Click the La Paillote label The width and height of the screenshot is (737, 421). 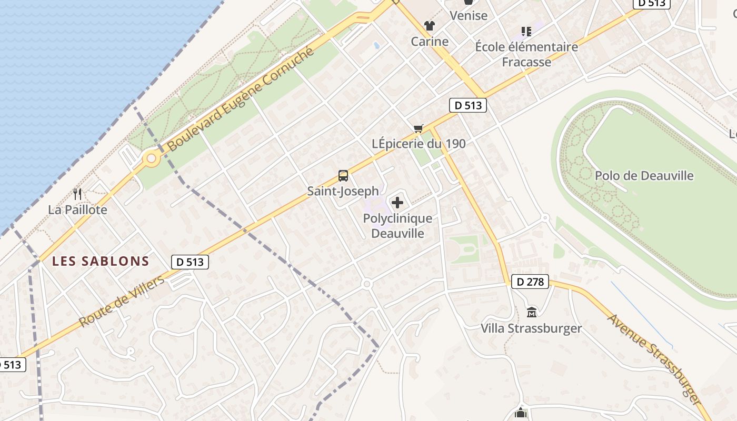tap(77, 209)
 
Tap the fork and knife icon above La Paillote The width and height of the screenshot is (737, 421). tap(77, 194)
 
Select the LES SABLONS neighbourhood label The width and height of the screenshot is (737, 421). tap(101, 261)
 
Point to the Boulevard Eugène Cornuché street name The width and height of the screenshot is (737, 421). tap(241, 99)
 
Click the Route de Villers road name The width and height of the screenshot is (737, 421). tap(122, 302)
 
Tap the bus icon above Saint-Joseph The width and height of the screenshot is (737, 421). tap(343, 175)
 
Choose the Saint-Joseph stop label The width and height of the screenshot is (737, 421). tap(343, 191)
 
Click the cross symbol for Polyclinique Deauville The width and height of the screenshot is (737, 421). tap(397, 202)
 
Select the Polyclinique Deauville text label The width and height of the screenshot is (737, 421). tap(397, 226)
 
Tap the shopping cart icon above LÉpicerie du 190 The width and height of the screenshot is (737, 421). tap(419, 128)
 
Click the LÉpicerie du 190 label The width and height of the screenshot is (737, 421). tap(419, 143)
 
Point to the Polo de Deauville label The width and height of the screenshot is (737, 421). tap(644, 176)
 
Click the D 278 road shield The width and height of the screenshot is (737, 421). tap(530, 282)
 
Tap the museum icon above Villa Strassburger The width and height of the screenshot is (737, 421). tap(532, 313)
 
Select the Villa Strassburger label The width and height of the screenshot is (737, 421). tap(531, 328)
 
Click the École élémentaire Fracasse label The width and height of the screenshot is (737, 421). tap(526, 54)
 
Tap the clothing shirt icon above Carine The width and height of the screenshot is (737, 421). tap(430, 26)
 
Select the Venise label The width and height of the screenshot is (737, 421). tap(469, 15)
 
